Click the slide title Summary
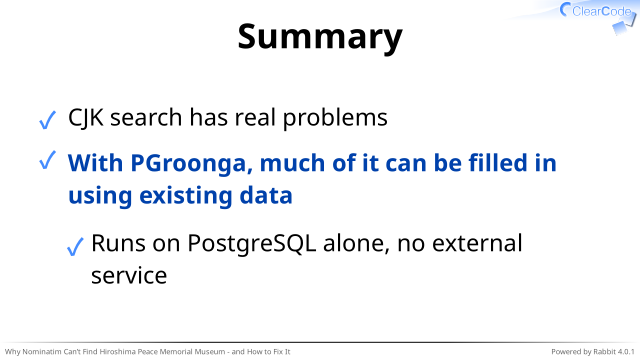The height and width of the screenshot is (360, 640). pos(320,38)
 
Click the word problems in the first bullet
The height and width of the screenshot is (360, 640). pos(335,118)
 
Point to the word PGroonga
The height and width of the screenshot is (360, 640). pos(191,164)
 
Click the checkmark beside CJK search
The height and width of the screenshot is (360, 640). pos(47,120)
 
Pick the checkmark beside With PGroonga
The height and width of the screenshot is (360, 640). pos(47,160)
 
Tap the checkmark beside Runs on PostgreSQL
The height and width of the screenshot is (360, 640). pos(75,247)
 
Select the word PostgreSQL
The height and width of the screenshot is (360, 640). pos(251,244)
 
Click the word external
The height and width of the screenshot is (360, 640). pos(477,243)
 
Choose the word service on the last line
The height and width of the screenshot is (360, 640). pos(129,276)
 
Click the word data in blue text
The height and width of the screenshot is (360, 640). pos(266,195)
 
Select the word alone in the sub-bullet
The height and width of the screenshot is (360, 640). pos(356,243)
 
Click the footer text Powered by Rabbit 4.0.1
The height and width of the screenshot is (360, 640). pos(593,351)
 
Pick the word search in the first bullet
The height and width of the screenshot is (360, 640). pos(146,118)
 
